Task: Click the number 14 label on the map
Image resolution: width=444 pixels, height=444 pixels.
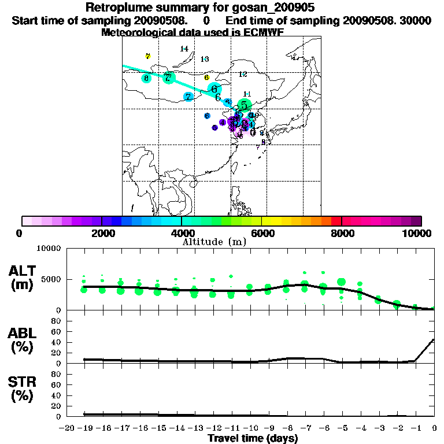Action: pos(184,49)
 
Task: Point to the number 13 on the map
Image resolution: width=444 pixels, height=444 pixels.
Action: pos(204,59)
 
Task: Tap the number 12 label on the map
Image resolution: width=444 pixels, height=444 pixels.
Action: pos(243,74)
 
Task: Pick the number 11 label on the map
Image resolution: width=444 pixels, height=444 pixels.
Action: pos(247,94)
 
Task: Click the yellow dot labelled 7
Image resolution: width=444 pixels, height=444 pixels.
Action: pos(148,57)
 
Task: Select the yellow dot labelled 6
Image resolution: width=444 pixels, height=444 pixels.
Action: pos(206,77)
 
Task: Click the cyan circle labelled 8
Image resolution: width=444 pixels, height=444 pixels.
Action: pos(146,78)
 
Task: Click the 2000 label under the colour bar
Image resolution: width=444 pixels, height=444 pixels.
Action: pos(101,233)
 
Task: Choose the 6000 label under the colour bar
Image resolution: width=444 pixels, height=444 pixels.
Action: pos(262,233)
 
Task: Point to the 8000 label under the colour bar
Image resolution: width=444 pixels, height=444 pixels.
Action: pos(342,233)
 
